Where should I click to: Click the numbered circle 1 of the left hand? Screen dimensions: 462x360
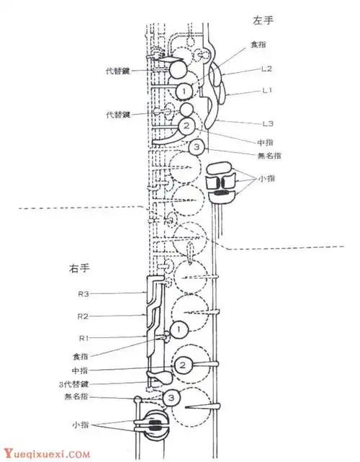tap(185, 91)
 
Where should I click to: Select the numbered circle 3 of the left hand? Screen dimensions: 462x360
tap(199, 148)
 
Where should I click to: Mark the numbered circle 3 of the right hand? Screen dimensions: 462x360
tap(171, 398)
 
